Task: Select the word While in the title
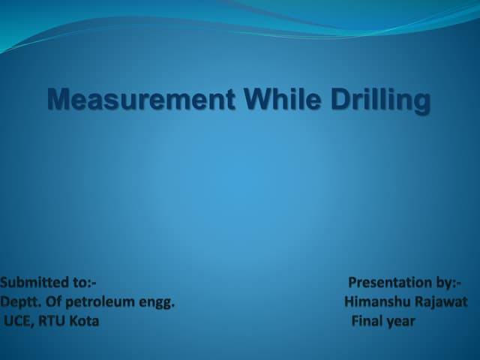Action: coord(265,100)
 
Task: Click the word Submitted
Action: coord(34,283)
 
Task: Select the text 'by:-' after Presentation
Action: coord(448,283)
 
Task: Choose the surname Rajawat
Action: coord(440,302)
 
